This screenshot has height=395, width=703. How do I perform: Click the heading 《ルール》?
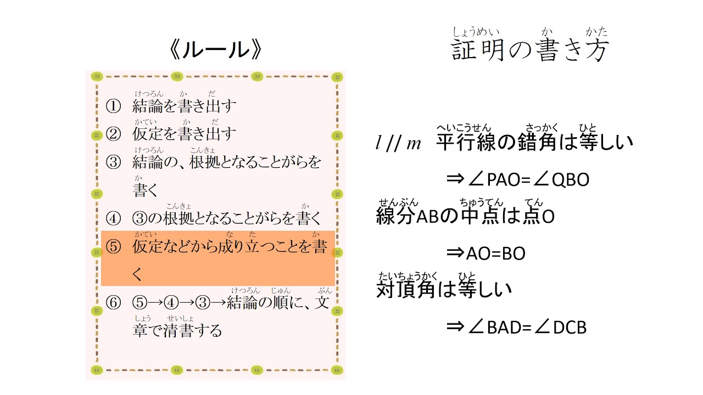pyautogui.click(x=215, y=49)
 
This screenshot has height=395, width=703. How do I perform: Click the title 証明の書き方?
pyautogui.click(x=530, y=50)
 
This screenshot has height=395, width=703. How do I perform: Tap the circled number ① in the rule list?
pyautogui.click(x=113, y=106)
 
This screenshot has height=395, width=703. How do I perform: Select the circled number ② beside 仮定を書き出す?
pyautogui.click(x=113, y=134)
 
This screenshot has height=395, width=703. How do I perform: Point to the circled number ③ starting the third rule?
pyautogui.click(x=113, y=162)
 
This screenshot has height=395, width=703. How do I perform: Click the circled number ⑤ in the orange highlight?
pyautogui.click(x=113, y=246)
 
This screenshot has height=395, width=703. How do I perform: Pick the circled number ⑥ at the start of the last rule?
pyautogui.click(x=113, y=302)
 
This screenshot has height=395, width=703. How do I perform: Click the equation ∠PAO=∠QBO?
pyautogui.click(x=528, y=179)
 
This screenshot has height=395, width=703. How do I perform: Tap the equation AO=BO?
pyautogui.click(x=495, y=253)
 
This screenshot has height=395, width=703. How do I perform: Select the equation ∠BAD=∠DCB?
pyautogui.click(x=527, y=328)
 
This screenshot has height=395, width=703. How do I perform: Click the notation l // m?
pyautogui.click(x=398, y=143)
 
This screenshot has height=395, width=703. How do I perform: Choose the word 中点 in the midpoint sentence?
pyautogui.click(x=481, y=216)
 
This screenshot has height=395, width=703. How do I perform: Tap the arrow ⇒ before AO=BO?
pyautogui.click(x=455, y=253)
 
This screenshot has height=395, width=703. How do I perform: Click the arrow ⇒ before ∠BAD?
pyautogui.click(x=455, y=326)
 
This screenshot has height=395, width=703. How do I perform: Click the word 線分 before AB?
pyautogui.click(x=396, y=216)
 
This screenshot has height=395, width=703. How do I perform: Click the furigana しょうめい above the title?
pyautogui.click(x=476, y=32)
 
